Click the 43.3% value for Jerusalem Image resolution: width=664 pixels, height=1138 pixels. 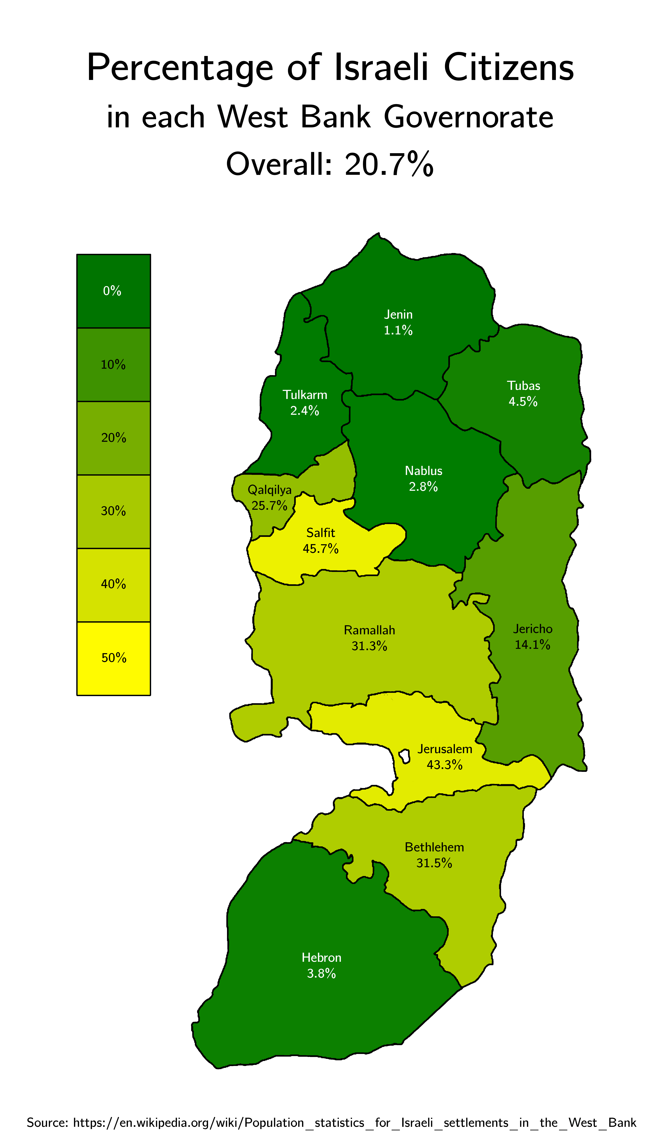tap(445, 765)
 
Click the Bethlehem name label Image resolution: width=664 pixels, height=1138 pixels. tap(434, 847)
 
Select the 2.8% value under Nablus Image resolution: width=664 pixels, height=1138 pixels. tap(423, 487)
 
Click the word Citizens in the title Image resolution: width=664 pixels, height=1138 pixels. tap(509, 68)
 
